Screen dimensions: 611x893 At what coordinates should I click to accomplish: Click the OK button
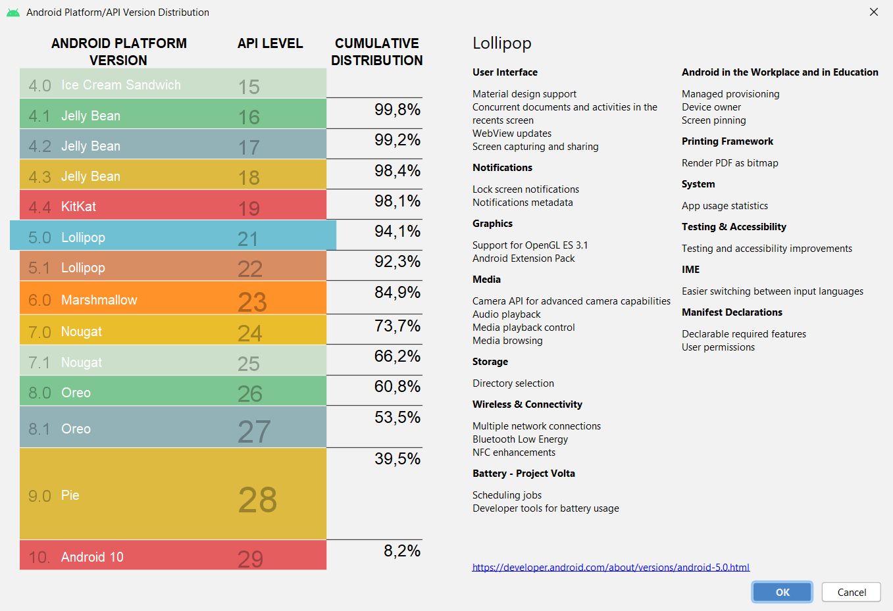click(x=782, y=592)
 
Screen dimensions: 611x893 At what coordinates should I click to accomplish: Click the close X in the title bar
click(x=874, y=12)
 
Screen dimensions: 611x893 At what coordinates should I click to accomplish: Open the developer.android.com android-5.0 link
click(x=611, y=567)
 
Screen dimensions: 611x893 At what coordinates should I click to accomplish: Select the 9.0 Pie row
click(x=172, y=495)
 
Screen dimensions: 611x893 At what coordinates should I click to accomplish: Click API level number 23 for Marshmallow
click(x=252, y=301)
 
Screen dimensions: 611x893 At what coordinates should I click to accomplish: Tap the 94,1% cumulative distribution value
click(x=397, y=232)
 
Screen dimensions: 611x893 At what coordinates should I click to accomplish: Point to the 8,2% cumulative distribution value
click(x=401, y=551)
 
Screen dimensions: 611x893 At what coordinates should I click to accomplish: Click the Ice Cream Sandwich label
click(x=120, y=85)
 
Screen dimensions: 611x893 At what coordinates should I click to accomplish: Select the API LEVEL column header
click(x=270, y=43)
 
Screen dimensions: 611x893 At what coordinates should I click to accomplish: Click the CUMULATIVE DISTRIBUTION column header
click(x=376, y=51)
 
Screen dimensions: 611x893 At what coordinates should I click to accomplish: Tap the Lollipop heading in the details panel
click(x=501, y=43)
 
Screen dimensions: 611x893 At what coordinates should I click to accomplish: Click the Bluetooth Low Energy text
click(x=520, y=439)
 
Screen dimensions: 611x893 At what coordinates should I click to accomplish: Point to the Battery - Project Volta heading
click(x=523, y=474)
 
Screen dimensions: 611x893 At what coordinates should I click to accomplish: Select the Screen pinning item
click(x=713, y=120)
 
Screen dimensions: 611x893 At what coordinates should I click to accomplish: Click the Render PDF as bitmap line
click(x=730, y=163)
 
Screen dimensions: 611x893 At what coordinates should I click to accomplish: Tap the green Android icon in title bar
click(x=13, y=12)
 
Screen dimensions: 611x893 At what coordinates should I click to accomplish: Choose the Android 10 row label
click(x=92, y=557)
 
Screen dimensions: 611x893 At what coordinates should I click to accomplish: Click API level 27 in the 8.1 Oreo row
click(x=254, y=431)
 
